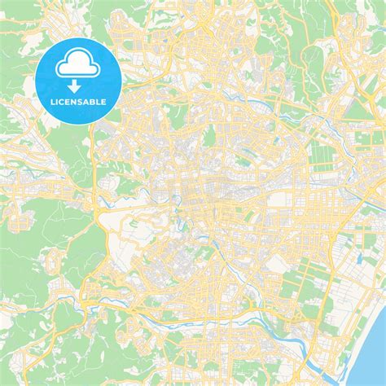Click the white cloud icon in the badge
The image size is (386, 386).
(79, 63)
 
